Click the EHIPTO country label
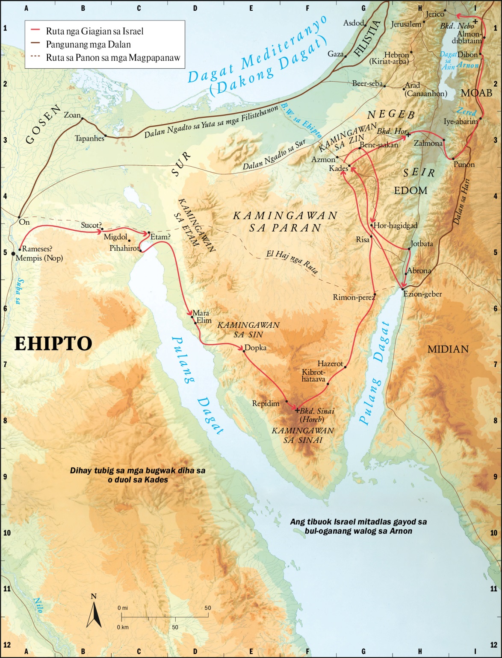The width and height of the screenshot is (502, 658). (53, 344)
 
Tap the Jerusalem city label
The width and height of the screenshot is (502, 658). (406, 24)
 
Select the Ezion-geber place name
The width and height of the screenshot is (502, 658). (422, 294)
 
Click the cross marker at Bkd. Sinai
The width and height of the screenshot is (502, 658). (297, 410)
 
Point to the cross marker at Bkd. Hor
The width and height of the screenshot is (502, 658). (408, 135)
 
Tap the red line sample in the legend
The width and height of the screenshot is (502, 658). (35, 31)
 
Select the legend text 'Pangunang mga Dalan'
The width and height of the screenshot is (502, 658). (88, 44)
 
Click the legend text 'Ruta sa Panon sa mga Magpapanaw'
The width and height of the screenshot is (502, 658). (113, 58)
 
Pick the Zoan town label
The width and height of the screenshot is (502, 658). (72, 115)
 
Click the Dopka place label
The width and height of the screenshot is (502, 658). (255, 348)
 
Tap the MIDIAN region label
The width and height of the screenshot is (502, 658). (448, 350)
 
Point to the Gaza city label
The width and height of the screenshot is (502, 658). (336, 54)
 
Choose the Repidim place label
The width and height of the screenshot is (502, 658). (266, 403)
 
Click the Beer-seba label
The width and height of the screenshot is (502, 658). (367, 84)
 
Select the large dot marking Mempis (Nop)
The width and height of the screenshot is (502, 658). (13, 254)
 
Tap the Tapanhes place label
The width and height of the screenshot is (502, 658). (89, 138)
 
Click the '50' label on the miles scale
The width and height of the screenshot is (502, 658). (208, 608)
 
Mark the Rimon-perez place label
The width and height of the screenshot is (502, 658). (354, 297)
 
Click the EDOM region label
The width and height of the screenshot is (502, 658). (410, 191)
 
